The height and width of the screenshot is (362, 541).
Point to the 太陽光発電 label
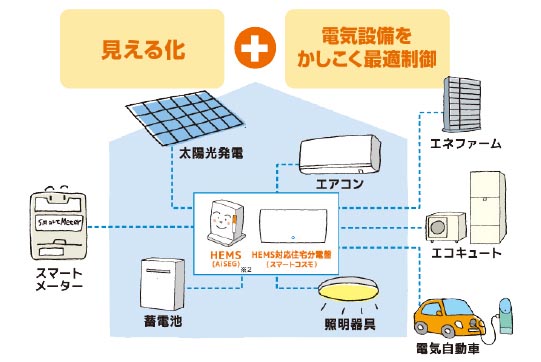pyautogui.click(x=211, y=155)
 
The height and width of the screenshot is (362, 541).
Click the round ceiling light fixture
pyautogui.click(x=350, y=292)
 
